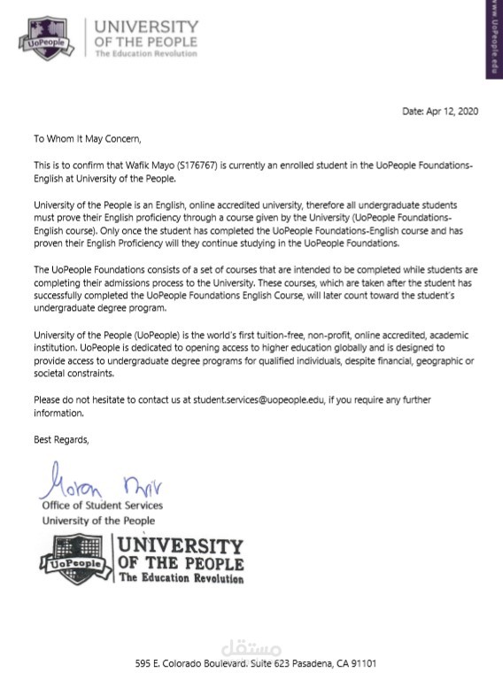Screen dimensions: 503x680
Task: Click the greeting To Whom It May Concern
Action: (88, 138)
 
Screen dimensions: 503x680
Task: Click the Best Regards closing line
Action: (61, 439)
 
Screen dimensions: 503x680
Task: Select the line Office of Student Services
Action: (103, 506)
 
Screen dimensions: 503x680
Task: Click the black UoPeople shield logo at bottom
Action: (74, 560)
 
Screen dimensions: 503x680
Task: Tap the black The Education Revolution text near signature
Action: (181, 578)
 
